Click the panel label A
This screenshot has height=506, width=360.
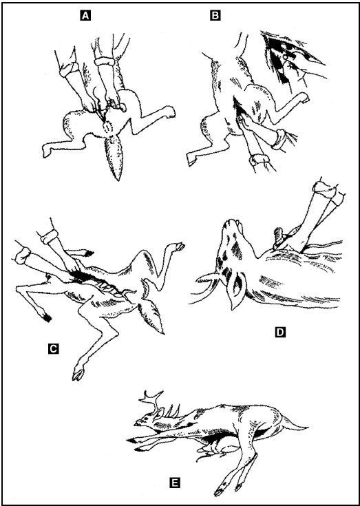tap(85, 15)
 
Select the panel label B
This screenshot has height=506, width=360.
tap(215, 15)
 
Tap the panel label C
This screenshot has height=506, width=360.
tap(53, 348)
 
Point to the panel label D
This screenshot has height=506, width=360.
tap(280, 332)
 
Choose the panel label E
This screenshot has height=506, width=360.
tap(174, 483)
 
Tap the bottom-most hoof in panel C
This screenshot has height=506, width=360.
tap(78, 374)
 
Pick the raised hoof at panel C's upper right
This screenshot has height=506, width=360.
tap(179, 246)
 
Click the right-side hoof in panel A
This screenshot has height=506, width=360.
tap(169, 112)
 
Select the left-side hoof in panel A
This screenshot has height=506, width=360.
tap(47, 151)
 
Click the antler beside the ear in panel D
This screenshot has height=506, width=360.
tap(207, 278)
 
